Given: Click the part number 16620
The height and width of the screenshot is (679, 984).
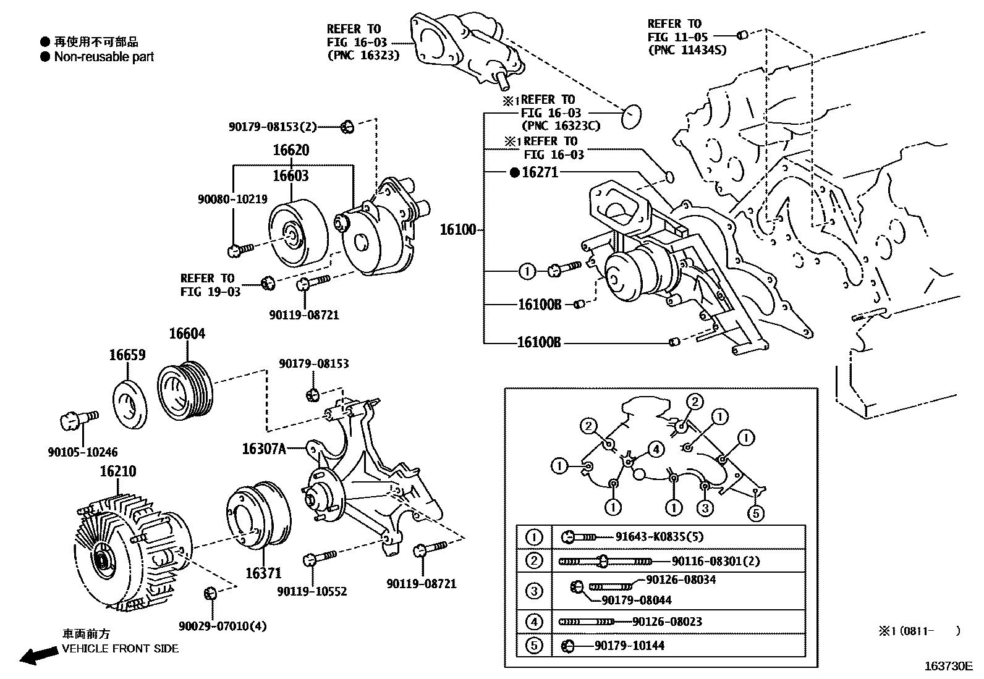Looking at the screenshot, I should [x=291, y=150].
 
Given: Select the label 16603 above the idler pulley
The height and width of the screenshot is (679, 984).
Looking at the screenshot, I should [x=291, y=176].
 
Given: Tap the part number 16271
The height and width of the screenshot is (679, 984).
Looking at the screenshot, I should [x=540, y=172].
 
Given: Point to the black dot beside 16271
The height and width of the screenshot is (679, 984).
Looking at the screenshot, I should [x=514, y=173].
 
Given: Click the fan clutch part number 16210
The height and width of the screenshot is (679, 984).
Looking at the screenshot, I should [x=118, y=471].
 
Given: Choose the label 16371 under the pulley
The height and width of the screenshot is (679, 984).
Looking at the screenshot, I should [x=263, y=573].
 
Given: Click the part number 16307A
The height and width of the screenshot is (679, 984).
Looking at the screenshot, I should [x=264, y=449].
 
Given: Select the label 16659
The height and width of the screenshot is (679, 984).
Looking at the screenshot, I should [x=127, y=355].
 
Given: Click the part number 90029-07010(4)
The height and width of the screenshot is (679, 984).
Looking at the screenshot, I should [x=223, y=626].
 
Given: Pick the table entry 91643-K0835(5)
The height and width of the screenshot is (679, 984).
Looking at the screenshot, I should [x=660, y=537].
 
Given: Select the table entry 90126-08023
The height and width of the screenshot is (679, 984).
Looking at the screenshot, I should [x=668, y=622].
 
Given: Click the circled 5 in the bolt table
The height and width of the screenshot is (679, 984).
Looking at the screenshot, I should [x=534, y=646].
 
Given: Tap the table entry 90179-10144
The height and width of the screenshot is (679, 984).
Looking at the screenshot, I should [x=630, y=646].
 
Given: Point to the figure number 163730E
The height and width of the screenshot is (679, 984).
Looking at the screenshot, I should [x=949, y=666].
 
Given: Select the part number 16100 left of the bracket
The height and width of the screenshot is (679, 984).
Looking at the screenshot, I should [x=458, y=230].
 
